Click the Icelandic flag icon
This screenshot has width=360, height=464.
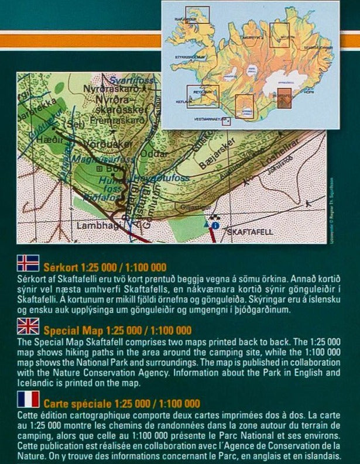pyautogui.click(x=28, y=263)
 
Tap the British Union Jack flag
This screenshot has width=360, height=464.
pyautogui.click(x=28, y=326)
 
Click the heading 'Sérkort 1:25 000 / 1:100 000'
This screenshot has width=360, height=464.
pyautogui.click(x=105, y=267)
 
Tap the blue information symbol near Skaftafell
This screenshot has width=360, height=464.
pyautogui.click(x=215, y=225)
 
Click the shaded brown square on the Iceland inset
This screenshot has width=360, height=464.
pyautogui.click(x=285, y=98)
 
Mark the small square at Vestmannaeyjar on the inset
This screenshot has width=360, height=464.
pyautogui.click(x=226, y=122)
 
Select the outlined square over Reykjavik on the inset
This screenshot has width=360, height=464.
pyautogui.click(x=203, y=96)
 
